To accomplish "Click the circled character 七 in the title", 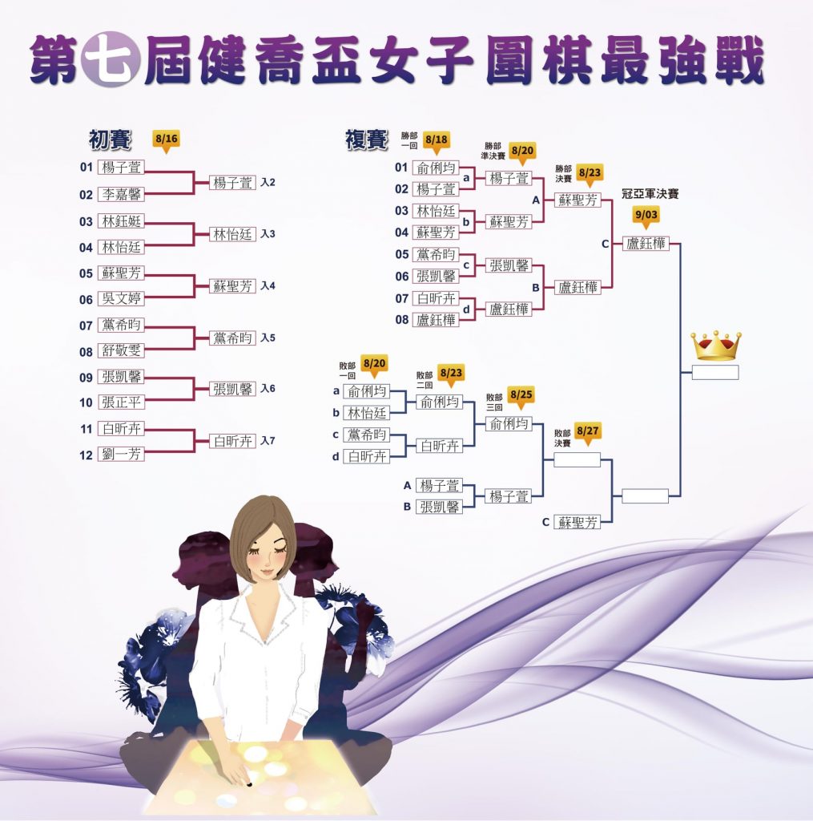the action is pyautogui.click(x=111, y=59).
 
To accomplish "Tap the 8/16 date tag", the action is pyautogui.click(x=166, y=141).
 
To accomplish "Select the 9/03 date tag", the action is pyautogui.click(x=646, y=216).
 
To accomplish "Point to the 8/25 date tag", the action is pyautogui.click(x=521, y=396).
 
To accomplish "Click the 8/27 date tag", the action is pyautogui.click(x=587, y=433).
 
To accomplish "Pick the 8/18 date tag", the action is pyautogui.click(x=436, y=141).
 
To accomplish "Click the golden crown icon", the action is pyautogui.click(x=716, y=346).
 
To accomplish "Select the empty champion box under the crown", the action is pyautogui.click(x=715, y=372).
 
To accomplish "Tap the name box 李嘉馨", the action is pyautogui.click(x=121, y=194).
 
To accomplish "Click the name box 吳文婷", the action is pyautogui.click(x=121, y=298).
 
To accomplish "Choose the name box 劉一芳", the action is pyautogui.click(x=121, y=454).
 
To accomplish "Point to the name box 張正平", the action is pyautogui.click(x=121, y=402).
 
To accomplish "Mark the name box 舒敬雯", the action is pyautogui.click(x=121, y=350).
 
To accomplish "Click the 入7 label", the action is pyautogui.click(x=268, y=441).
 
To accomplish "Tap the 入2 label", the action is pyautogui.click(x=268, y=182).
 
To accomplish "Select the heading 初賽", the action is pyautogui.click(x=110, y=140).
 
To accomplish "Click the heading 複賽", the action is pyautogui.click(x=366, y=140).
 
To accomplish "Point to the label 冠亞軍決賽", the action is pyautogui.click(x=650, y=194).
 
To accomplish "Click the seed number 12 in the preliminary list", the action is pyautogui.click(x=87, y=455).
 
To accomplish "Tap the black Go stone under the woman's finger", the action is pyautogui.click(x=249, y=784).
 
